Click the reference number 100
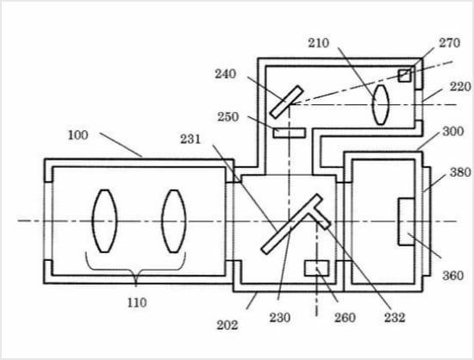pyautogui.click(x=78, y=135)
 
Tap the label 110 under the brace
pyautogui.click(x=137, y=302)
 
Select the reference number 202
pyautogui.click(x=227, y=326)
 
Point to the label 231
pyautogui.click(x=190, y=140)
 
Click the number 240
pyautogui.click(x=225, y=74)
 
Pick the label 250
pyautogui.click(x=228, y=117)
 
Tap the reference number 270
pyautogui.click(x=450, y=43)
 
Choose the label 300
pyautogui.click(x=452, y=132)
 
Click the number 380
pyautogui.click(x=460, y=172)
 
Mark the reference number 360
pyautogui.click(x=452, y=276)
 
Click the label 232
pyautogui.click(x=395, y=318)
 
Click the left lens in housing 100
pyautogui.click(x=104, y=221)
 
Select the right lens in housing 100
pyautogui.click(x=174, y=221)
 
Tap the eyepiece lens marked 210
pyautogui.click(x=381, y=105)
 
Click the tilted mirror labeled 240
pyautogui.click(x=286, y=102)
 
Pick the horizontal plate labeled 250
pyautogui.click(x=290, y=133)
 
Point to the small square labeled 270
pyautogui.click(x=404, y=76)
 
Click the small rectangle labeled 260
pyautogui.click(x=316, y=268)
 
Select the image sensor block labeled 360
pyautogui.click(x=406, y=221)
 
